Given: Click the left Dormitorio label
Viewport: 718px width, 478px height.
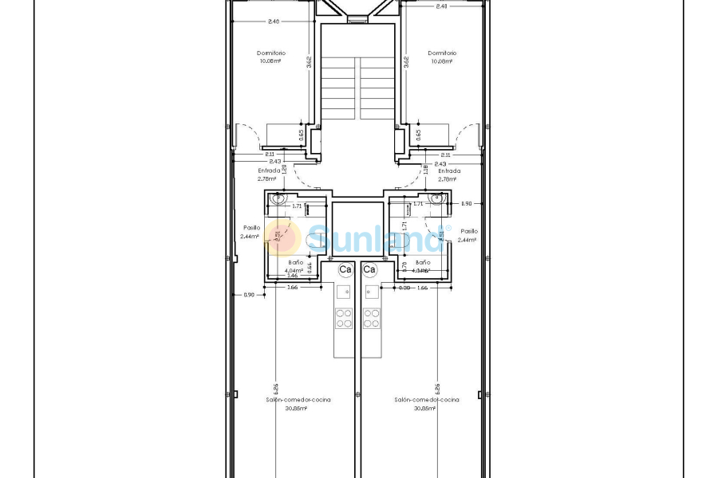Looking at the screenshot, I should pos(271,53).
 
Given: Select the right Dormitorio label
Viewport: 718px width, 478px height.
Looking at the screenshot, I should pos(441,53).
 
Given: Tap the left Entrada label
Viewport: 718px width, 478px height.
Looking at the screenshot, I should pos(269,170).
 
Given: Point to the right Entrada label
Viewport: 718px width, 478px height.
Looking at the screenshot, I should pos(448,170).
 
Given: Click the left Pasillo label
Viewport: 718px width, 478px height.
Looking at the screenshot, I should pos(251,228).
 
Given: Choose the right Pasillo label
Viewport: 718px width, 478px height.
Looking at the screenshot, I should pos(469,231).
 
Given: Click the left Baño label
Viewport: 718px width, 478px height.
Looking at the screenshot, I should pos(295,262).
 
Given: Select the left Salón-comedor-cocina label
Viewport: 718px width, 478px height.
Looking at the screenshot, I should pos(298,400).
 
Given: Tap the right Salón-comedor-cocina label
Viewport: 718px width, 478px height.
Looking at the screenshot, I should pos(426,400).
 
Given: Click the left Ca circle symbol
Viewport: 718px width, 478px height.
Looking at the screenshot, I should pos(345,270).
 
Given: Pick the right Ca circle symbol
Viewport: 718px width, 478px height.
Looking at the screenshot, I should pos(369,270).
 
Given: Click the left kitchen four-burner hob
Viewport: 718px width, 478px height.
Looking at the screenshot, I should pos(343,318).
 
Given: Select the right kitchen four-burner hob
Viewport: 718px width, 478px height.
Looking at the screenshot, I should pos(371,318).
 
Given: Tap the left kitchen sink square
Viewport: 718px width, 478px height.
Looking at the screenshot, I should pos(343,292).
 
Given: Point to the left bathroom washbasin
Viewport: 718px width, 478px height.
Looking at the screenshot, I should pos(279,198).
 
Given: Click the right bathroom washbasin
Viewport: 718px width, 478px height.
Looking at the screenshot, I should pos(436,198).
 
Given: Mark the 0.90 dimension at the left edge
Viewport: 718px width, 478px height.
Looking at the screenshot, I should pos(249,296).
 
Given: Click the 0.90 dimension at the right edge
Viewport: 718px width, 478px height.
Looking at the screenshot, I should pos(467,204).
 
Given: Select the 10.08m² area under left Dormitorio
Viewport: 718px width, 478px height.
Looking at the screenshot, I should pos(271,61).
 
